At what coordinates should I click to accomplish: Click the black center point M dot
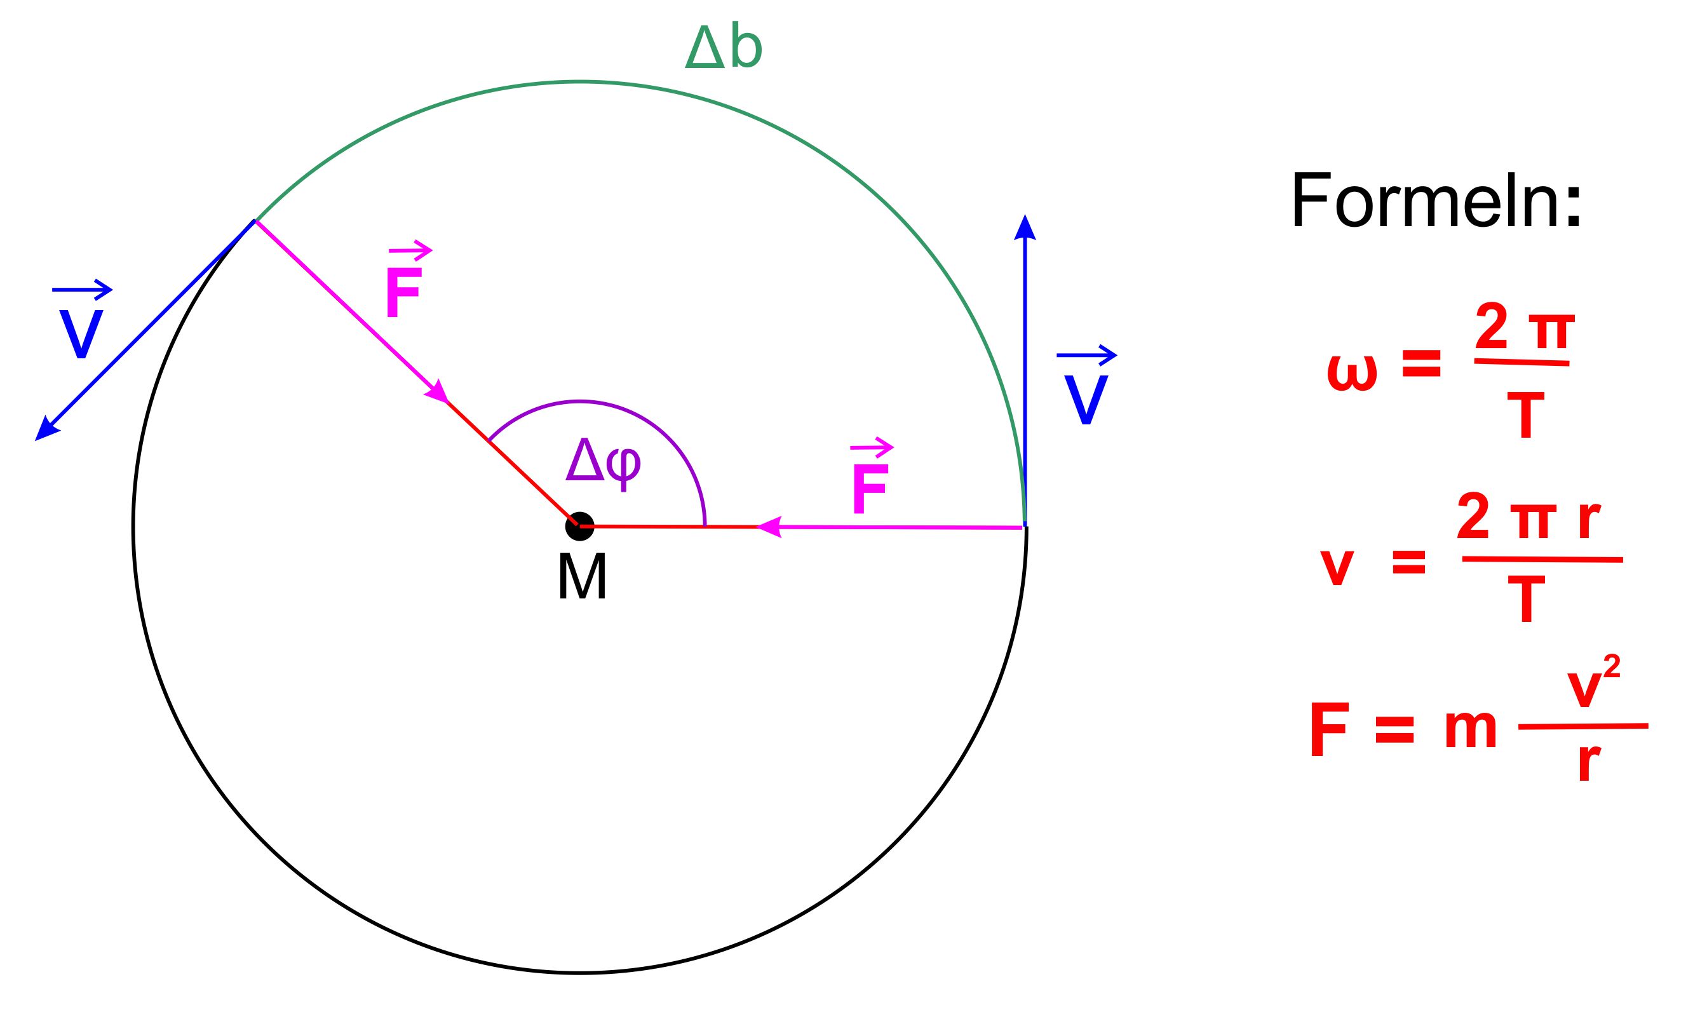tap(579, 527)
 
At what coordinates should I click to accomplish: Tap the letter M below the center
tap(582, 576)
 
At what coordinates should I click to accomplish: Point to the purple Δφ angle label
tap(604, 464)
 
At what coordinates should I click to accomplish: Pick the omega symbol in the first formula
tap(1353, 373)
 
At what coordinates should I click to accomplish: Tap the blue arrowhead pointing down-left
tap(46, 429)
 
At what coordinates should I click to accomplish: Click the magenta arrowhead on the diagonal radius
tap(438, 391)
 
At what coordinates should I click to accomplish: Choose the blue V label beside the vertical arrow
tap(1086, 400)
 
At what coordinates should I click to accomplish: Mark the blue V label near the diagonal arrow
tap(81, 334)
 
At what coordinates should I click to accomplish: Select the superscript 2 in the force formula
tap(1612, 666)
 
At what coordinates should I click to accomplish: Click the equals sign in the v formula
tap(1409, 561)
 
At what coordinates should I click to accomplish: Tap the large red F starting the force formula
tap(1330, 728)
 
